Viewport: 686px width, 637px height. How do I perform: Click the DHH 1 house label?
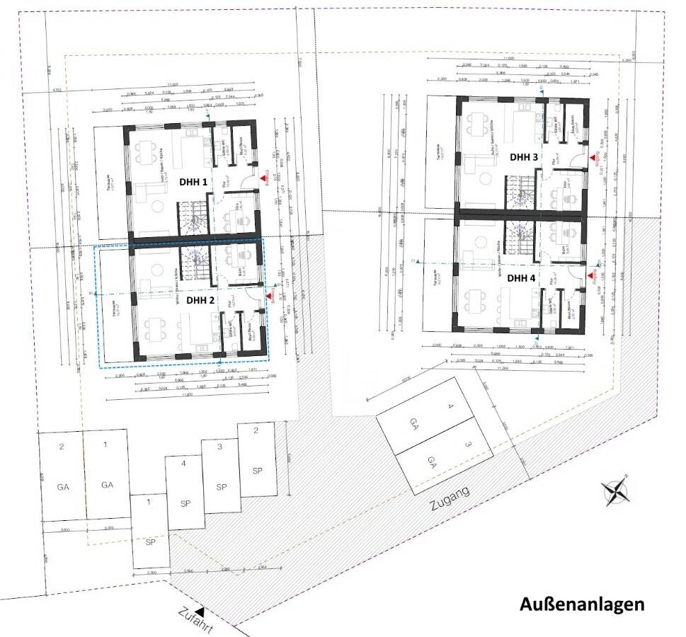[x=193, y=182]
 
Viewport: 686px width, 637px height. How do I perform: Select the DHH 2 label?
[x=200, y=299]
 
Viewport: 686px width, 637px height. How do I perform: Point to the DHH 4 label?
[x=522, y=277]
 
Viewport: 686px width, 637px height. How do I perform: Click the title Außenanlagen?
[x=582, y=605]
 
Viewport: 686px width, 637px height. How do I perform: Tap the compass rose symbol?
[x=614, y=491]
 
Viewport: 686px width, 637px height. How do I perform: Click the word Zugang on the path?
[x=450, y=498]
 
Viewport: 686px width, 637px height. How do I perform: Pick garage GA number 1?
[x=107, y=476]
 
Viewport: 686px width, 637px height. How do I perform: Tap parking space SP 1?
[x=150, y=531]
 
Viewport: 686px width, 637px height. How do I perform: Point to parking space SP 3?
[x=221, y=477]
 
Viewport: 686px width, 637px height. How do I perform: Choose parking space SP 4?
[x=185, y=493]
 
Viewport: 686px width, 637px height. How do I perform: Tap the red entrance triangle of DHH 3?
[x=592, y=156]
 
